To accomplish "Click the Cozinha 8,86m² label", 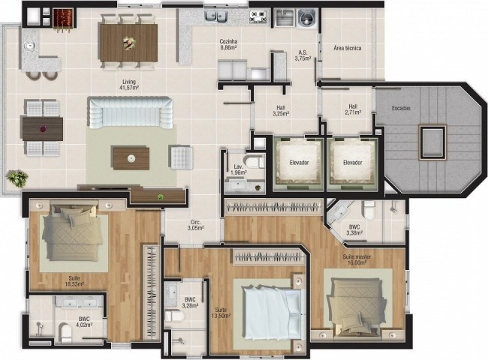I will tap(230, 43).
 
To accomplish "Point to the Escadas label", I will tap(401, 108).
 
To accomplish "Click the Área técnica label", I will tap(348, 48).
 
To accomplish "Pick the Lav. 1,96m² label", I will tap(237, 169).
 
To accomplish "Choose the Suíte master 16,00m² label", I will tap(357, 259).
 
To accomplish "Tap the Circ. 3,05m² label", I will tap(197, 224).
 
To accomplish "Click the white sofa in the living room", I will tap(125, 114).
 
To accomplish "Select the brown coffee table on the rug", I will tap(131, 157).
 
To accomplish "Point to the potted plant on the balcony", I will tap(17, 178).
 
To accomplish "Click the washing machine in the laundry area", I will tap(306, 17).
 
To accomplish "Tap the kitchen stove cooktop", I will tap(259, 16).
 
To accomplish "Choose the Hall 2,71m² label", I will tap(353, 109).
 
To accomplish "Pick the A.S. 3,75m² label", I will tap(303, 55).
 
